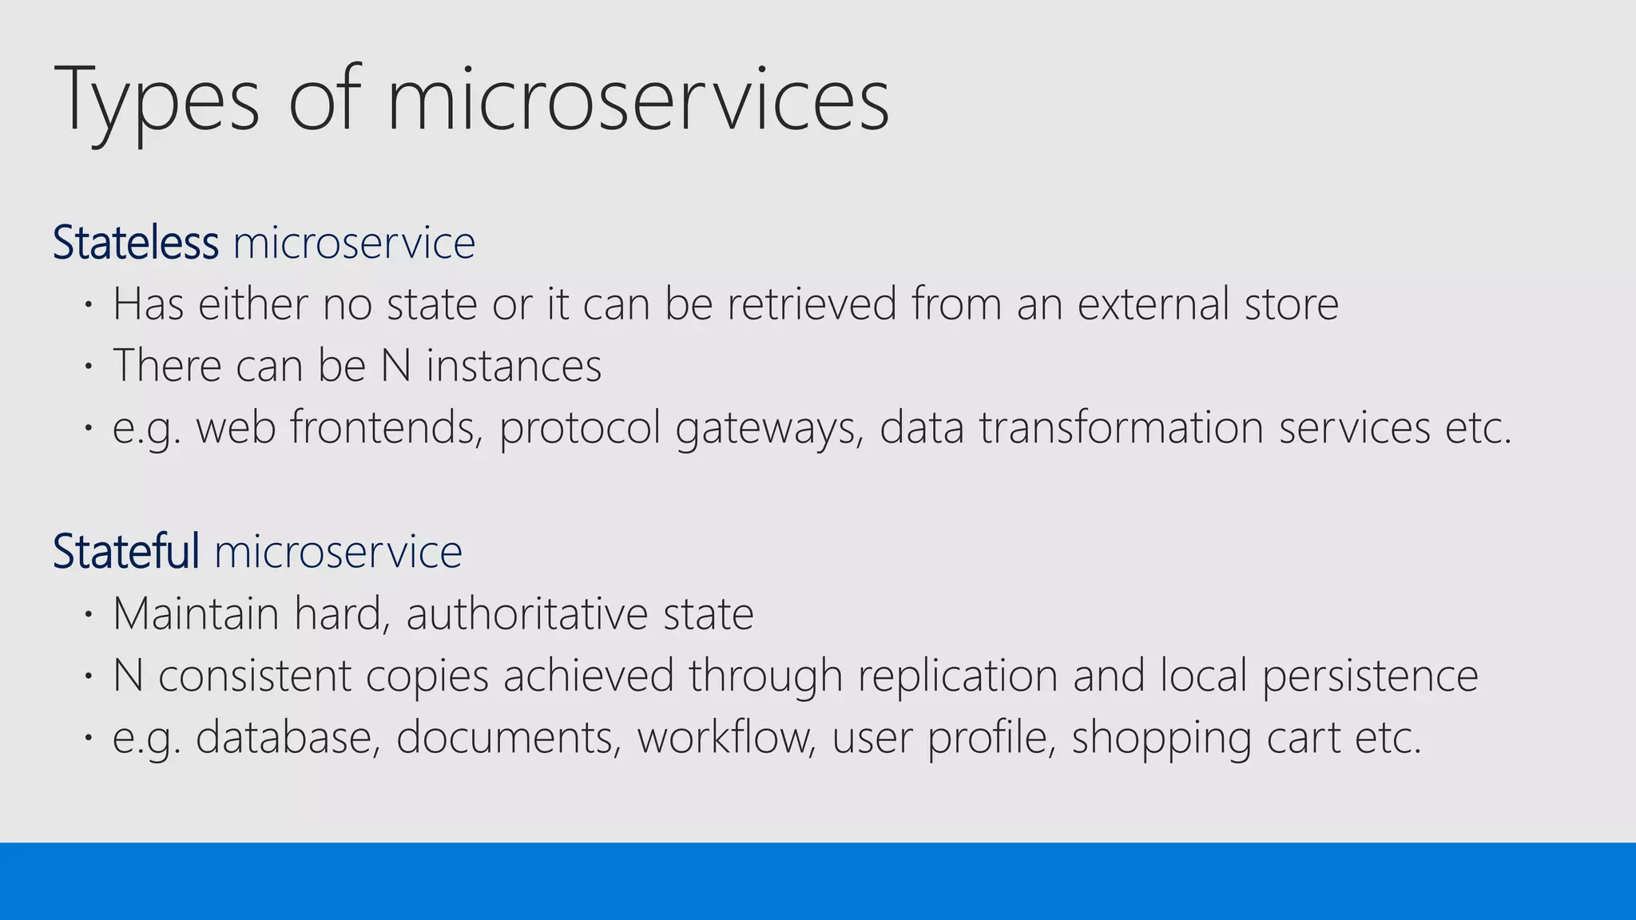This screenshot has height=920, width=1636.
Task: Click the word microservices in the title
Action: (x=637, y=101)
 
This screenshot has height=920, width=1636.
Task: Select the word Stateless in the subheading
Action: (x=135, y=243)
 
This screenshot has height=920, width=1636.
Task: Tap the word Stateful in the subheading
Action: (x=125, y=551)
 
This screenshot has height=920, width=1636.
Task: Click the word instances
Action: (x=514, y=366)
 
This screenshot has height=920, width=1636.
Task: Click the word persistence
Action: (x=1370, y=676)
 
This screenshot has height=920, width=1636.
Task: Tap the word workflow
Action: (x=726, y=737)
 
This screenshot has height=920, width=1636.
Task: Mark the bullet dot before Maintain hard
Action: (x=89, y=616)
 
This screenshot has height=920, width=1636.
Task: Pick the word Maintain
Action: (x=196, y=614)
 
